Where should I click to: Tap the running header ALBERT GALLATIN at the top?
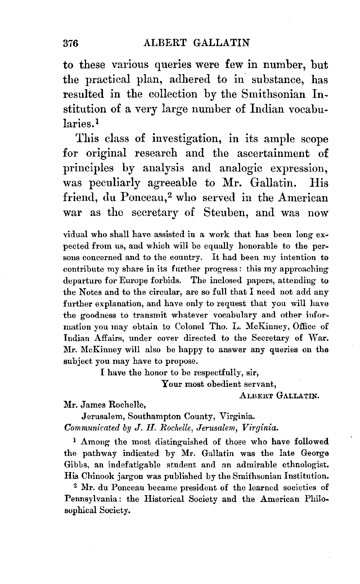(196, 43)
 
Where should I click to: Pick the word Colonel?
(187, 326)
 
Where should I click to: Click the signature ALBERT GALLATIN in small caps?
(279, 396)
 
